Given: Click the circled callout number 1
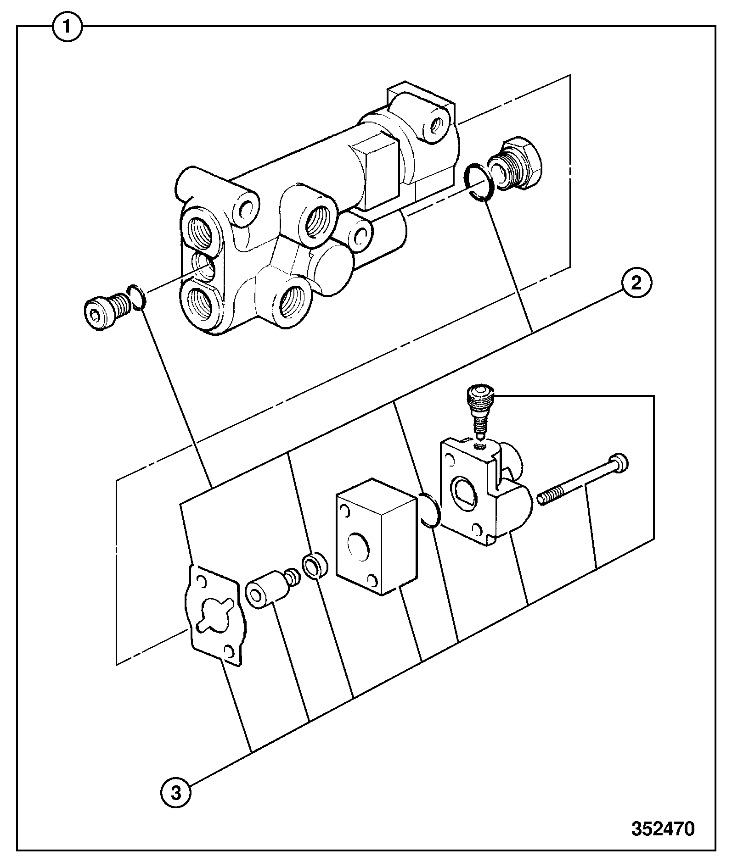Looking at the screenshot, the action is (68, 27).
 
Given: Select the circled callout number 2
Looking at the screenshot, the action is (636, 283).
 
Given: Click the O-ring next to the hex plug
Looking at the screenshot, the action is (479, 182).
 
